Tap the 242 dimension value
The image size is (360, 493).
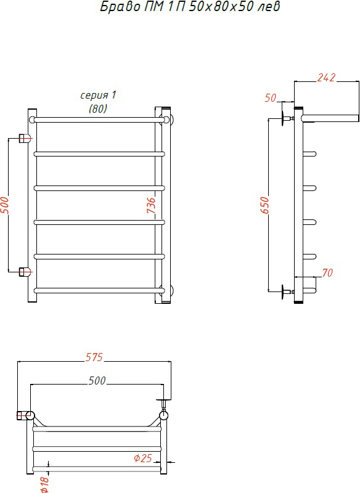point(326,78)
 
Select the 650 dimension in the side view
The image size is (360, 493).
point(265,205)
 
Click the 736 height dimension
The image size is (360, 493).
point(151,205)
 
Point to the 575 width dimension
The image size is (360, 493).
point(94,357)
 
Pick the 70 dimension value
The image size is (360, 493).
point(327,272)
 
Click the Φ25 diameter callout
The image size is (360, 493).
point(143,458)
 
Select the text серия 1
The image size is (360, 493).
point(99,95)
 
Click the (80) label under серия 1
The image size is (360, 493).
point(98,109)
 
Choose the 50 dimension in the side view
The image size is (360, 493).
point(270,98)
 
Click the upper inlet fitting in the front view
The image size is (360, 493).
point(25,138)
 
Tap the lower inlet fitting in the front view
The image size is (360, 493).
point(25,271)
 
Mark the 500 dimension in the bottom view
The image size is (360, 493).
point(97,381)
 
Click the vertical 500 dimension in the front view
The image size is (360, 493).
point(5,205)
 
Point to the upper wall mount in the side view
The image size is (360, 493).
point(288,118)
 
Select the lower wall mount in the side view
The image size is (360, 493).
point(288,291)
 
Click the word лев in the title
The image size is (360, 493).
point(268,6)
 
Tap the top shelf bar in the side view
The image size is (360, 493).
point(330,118)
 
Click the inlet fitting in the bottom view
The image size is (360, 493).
point(25,415)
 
